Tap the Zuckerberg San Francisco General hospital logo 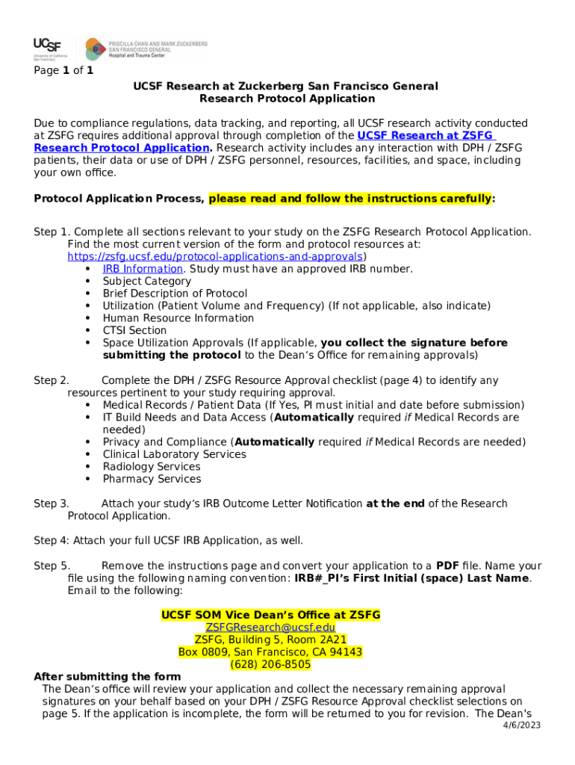(x=146, y=49)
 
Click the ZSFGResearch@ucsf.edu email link (x=270, y=627)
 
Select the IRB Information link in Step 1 (x=143, y=269)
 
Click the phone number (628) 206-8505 (x=270, y=664)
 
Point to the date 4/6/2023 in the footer (x=520, y=725)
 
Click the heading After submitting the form (x=108, y=677)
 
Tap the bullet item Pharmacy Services (x=152, y=479)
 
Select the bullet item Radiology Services (x=152, y=466)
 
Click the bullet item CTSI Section (x=134, y=330)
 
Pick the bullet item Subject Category (x=146, y=281)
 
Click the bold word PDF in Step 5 (x=447, y=566)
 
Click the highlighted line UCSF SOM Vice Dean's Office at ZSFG (x=270, y=615)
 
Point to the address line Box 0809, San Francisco (x=270, y=652)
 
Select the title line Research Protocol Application (x=287, y=99)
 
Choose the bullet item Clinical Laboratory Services (x=174, y=454)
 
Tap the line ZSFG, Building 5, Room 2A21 (x=270, y=639)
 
